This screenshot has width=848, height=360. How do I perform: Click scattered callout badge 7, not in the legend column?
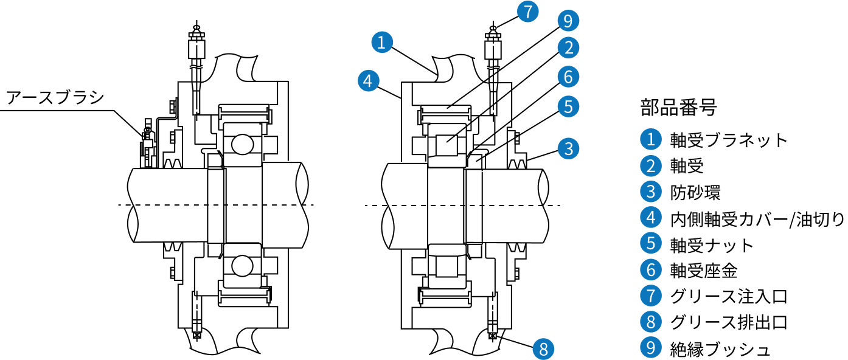[x=528, y=12]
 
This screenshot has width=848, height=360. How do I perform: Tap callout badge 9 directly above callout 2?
[x=568, y=21]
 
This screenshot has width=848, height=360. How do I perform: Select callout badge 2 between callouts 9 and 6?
[x=568, y=47]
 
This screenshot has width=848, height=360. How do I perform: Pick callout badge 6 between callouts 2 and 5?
[x=568, y=77]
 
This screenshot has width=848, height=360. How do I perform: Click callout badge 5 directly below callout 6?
[x=568, y=106]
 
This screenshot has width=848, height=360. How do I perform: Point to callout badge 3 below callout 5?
[x=568, y=148]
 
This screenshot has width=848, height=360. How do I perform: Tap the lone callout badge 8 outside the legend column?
[x=544, y=349]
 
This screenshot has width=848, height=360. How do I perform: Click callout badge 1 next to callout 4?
[x=382, y=43]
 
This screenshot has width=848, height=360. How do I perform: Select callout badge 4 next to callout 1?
[x=368, y=80]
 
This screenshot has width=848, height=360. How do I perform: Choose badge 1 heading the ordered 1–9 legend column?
[x=650, y=139]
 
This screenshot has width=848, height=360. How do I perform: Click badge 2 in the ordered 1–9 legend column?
[x=650, y=165]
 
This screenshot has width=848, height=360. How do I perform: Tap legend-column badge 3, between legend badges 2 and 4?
[x=650, y=192]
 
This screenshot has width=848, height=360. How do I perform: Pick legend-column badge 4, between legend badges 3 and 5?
[x=650, y=217]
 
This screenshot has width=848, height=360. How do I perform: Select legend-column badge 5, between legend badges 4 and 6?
[x=650, y=243]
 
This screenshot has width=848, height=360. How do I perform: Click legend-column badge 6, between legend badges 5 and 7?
[x=650, y=269]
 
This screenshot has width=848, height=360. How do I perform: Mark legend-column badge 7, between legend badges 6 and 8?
[x=650, y=296]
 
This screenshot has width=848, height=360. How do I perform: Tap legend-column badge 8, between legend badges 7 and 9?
[x=650, y=321]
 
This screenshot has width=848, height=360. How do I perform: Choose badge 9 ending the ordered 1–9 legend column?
[x=650, y=347]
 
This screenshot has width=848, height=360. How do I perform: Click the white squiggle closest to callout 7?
[x=493, y=67]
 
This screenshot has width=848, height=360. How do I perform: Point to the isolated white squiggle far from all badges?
[x=196, y=66]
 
